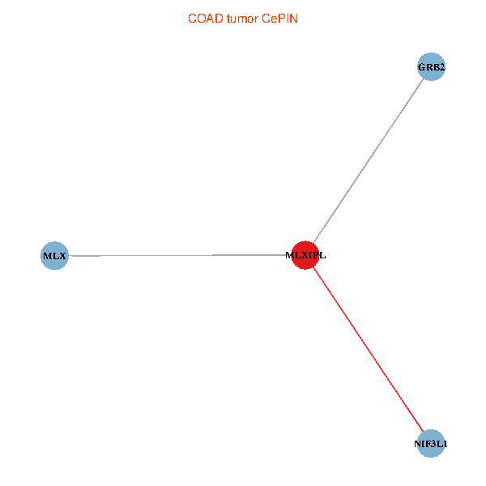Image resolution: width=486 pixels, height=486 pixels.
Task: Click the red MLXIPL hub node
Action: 305,255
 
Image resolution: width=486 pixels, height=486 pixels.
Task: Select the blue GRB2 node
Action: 431,67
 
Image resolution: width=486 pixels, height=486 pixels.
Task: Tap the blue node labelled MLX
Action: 54,256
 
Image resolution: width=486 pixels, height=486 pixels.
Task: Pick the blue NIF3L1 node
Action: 431,443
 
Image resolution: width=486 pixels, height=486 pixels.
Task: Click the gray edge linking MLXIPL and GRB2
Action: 369,160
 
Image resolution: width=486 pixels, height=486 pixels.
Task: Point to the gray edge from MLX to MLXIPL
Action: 178,256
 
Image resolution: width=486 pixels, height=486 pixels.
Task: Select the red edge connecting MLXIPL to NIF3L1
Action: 369,350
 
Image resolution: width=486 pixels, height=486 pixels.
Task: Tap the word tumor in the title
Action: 241,18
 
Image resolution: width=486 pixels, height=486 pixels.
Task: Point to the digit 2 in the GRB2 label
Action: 441,67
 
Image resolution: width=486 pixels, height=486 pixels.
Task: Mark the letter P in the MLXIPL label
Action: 316,256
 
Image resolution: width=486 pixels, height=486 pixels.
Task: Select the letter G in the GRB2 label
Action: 421,67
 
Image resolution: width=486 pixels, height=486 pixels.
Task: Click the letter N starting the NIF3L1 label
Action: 418,444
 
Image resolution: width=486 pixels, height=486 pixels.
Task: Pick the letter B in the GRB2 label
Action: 435,67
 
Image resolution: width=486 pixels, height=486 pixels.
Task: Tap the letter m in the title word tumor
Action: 242,18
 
